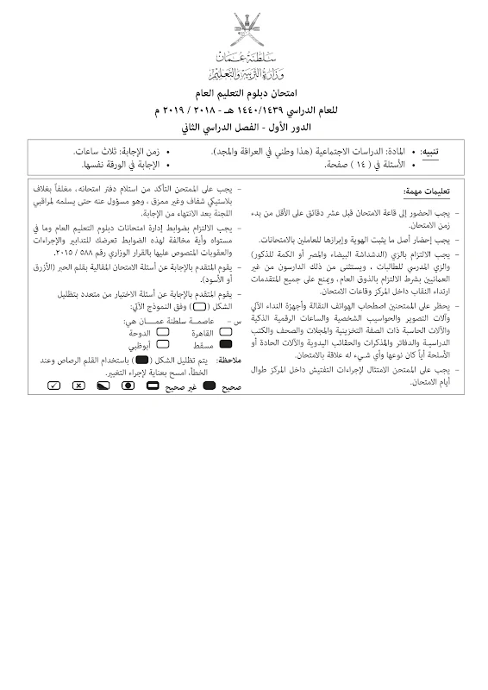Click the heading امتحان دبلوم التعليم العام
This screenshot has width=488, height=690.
(x=244, y=91)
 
